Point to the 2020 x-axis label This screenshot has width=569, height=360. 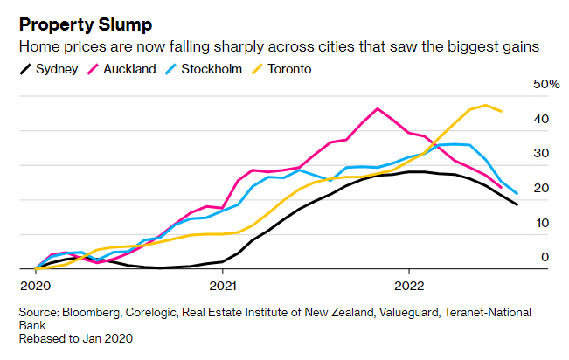pyautogui.click(x=34, y=284)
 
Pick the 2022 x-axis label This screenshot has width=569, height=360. pyautogui.click(x=410, y=284)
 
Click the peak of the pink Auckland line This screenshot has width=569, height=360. pyautogui.click(x=377, y=108)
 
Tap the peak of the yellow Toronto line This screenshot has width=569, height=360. pyautogui.click(x=485, y=105)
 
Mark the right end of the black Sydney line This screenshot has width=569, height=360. pyautogui.click(x=517, y=204)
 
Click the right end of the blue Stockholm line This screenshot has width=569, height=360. pyautogui.click(x=517, y=193)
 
